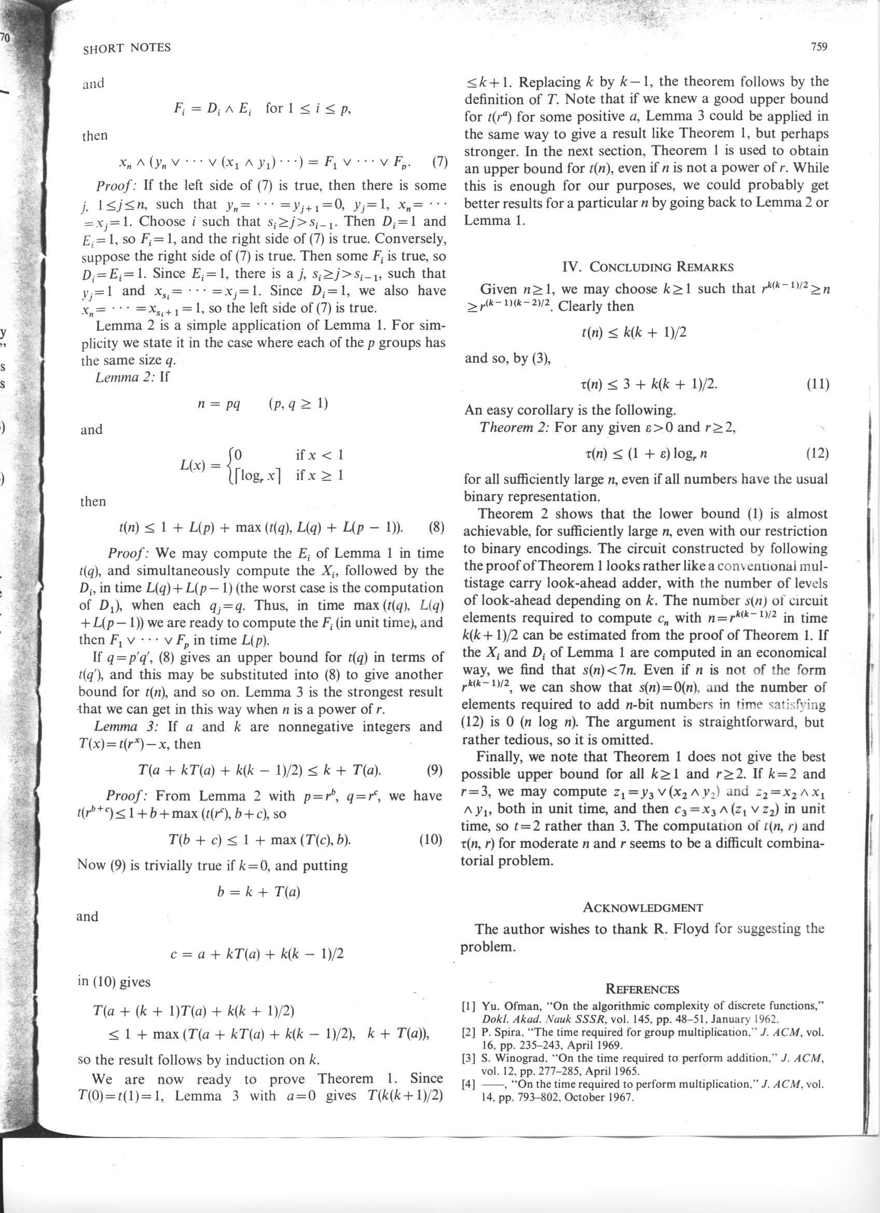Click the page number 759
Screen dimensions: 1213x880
(819, 47)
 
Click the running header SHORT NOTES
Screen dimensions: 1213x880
(127, 48)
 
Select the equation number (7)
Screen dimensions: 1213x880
(439, 161)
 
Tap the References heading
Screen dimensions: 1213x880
(642, 989)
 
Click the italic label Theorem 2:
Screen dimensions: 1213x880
(515, 427)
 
